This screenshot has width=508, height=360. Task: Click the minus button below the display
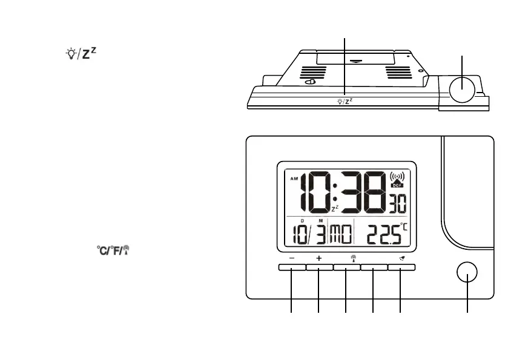[x=292, y=267]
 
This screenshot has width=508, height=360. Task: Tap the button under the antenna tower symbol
[x=346, y=267]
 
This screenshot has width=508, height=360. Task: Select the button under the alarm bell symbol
[x=401, y=267]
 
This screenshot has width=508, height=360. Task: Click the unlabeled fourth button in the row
[x=373, y=267]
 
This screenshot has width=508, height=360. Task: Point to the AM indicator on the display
[x=295, y=179]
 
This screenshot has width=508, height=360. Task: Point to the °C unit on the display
[x=404, y=227]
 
